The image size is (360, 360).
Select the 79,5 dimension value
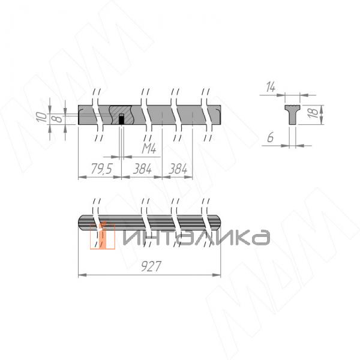[x=100, y=170]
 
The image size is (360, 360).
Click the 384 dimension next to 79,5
[x=142, y=170]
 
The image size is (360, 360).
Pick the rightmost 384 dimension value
[x=178, y=170]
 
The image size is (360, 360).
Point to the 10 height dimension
[x=40, y=116]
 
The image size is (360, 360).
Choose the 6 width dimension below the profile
[x=271, y=137]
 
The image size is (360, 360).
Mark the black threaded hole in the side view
[x=121, y=119]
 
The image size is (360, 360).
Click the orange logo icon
[x=102, y=236]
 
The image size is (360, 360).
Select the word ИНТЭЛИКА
[x=195, y=237]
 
